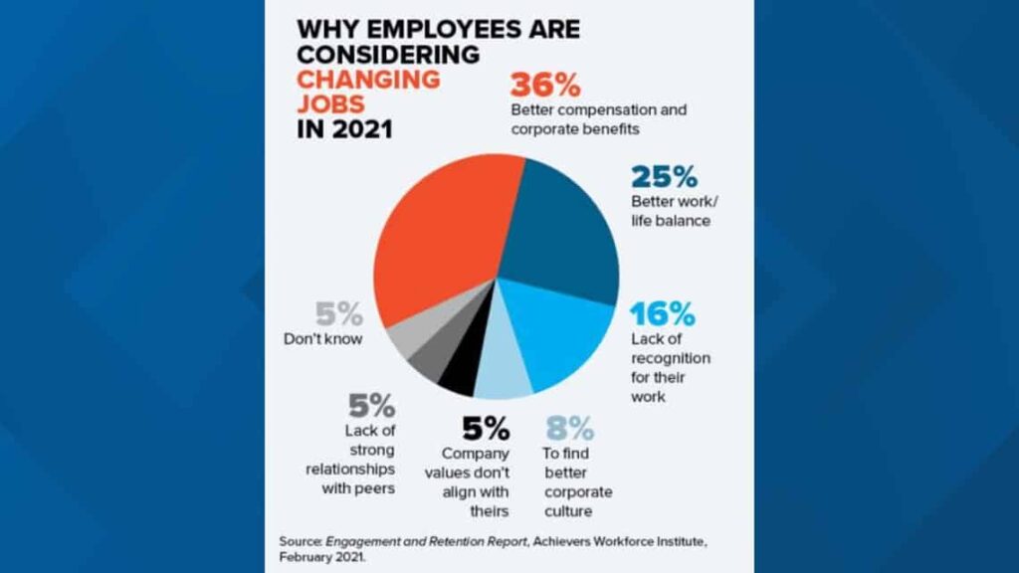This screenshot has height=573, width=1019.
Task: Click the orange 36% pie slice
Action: (x=438, y=249)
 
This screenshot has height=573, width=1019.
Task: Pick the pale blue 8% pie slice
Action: (x=503, y=378)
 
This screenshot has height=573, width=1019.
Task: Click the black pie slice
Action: (x=458, y=375)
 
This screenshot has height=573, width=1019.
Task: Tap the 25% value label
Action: (x=664, y=177)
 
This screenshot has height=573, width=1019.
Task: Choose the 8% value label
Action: (x=569, y=430)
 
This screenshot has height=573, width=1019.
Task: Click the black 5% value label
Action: (x=486, y=430)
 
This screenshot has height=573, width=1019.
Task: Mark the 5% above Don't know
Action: (x=339, y=315)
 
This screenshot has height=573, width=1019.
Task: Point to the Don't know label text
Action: (x=322, y=339)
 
